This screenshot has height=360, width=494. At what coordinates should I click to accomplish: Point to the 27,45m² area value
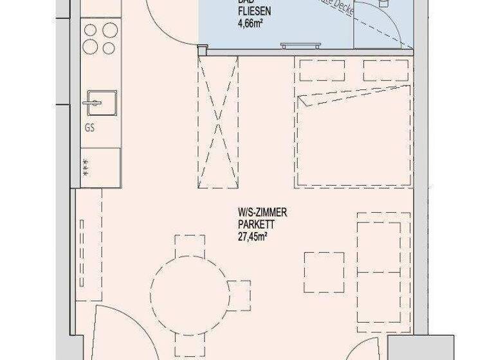coord(253,235)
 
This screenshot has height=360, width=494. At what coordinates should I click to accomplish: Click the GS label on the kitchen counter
coord(89,127)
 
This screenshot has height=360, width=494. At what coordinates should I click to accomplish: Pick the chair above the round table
coord(189,247)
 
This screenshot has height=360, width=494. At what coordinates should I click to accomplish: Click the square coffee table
coord(324,271)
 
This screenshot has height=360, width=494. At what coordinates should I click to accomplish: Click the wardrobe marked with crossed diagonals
coord(219,122)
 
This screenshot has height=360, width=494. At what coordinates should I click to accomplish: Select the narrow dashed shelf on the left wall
coord(82,250)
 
